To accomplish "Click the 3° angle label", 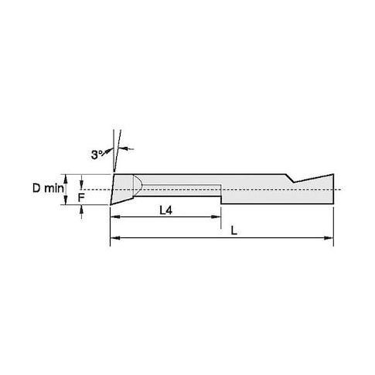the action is (97, 155).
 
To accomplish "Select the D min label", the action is (48, 189).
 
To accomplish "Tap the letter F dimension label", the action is (81, 198).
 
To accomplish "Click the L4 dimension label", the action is (165, 210).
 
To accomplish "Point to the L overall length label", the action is (234, 230).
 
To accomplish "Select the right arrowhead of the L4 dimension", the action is (216, 217).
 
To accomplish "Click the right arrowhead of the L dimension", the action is (329, 238).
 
